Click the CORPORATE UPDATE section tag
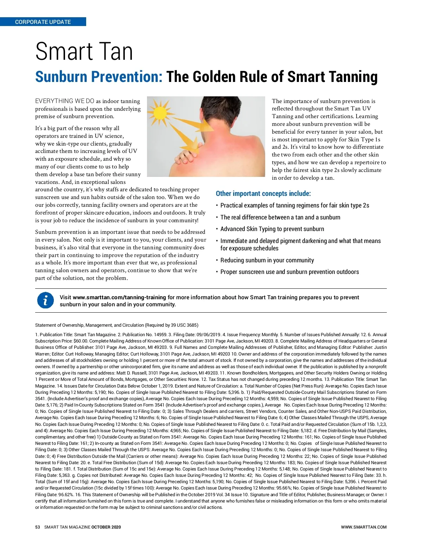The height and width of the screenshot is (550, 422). (43, 22)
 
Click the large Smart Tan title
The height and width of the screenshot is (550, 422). (84, 52)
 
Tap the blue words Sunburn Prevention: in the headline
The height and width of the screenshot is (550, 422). (99, 77)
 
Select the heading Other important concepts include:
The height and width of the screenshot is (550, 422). (263, 193)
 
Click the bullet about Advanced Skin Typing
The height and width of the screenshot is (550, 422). (272, 229)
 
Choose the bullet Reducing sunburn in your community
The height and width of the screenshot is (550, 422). (267, 260)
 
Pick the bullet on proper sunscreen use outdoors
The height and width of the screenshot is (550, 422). (289, 272)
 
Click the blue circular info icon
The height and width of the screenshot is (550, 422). (45, 301)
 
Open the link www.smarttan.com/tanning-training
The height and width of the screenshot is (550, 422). (119, 297)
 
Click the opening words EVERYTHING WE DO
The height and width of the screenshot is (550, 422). (65, 101)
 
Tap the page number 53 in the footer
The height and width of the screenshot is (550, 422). (38, 527)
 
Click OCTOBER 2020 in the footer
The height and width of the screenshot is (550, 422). (106, 527)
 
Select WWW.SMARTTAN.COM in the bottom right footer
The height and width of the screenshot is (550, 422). (364, 527)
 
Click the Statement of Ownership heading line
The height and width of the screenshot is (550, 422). (116, 325)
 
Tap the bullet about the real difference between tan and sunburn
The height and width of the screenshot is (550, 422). (280, 217)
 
